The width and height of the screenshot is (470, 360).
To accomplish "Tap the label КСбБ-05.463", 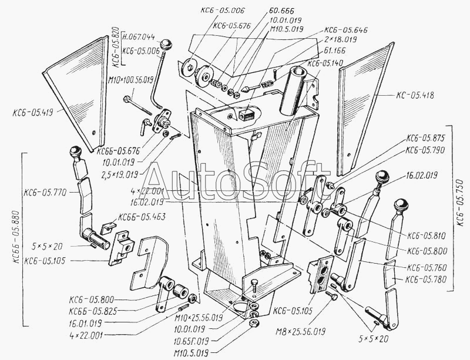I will pos(141,217).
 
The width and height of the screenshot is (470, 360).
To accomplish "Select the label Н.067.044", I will pos(137,37).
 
